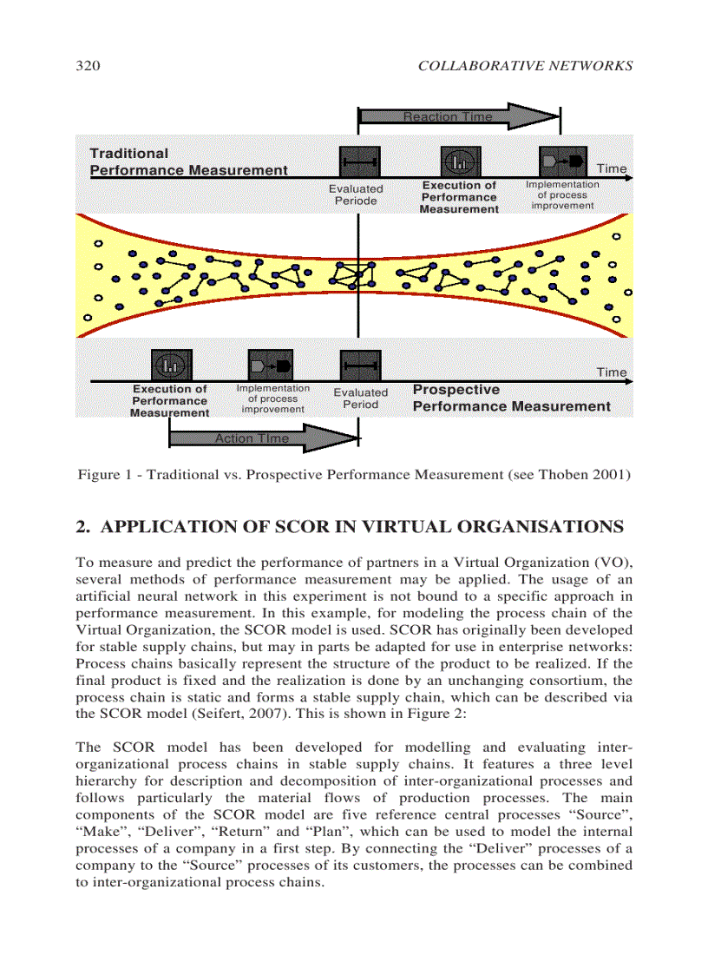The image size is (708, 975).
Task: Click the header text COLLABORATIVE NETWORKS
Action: [x=525, y=65]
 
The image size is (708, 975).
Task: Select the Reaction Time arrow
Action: [x=460, y=116]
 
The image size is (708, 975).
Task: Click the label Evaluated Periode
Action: [x=356, y=194]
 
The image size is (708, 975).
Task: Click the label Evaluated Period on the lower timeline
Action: [x=361, y=399]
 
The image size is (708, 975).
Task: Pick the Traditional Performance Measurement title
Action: [x=188, y=162]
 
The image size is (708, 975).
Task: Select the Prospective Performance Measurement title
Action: [x=511, y=399]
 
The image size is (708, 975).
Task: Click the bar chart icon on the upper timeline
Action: [x=460, y=161]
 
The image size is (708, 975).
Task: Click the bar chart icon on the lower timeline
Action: [x=171, y=365]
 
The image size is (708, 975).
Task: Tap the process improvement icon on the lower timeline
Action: [x=270, y=365]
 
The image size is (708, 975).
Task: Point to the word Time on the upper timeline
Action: [x=611, y=168]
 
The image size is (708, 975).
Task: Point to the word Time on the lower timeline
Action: [x=611, y=372]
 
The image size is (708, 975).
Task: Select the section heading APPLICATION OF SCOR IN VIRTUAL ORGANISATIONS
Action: [x=362, y=527]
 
